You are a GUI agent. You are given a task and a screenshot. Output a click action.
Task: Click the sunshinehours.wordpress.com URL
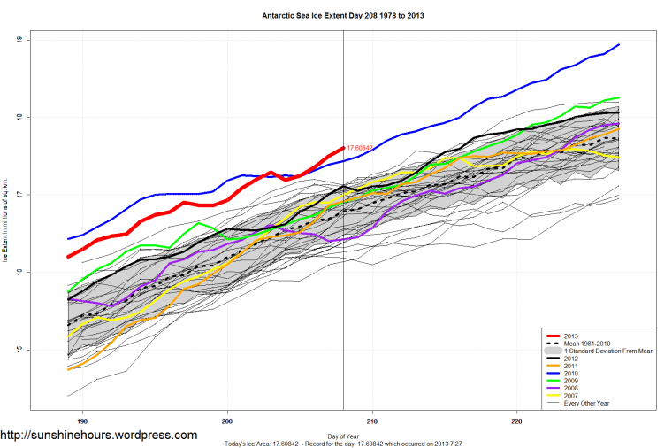(x=99, y=435)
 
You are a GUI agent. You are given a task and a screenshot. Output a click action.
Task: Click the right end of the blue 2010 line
(x=618, y=44)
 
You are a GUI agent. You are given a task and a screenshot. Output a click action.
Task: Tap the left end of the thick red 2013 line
(x=68, y=257)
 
